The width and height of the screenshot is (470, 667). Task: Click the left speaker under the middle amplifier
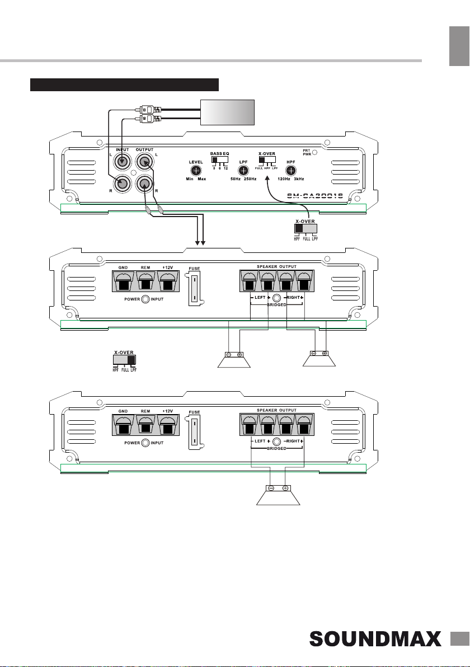tap(234, 361)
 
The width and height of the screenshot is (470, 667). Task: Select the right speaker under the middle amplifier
tap(319, 361)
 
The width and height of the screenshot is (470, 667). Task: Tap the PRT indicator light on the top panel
tap(314, 152)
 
